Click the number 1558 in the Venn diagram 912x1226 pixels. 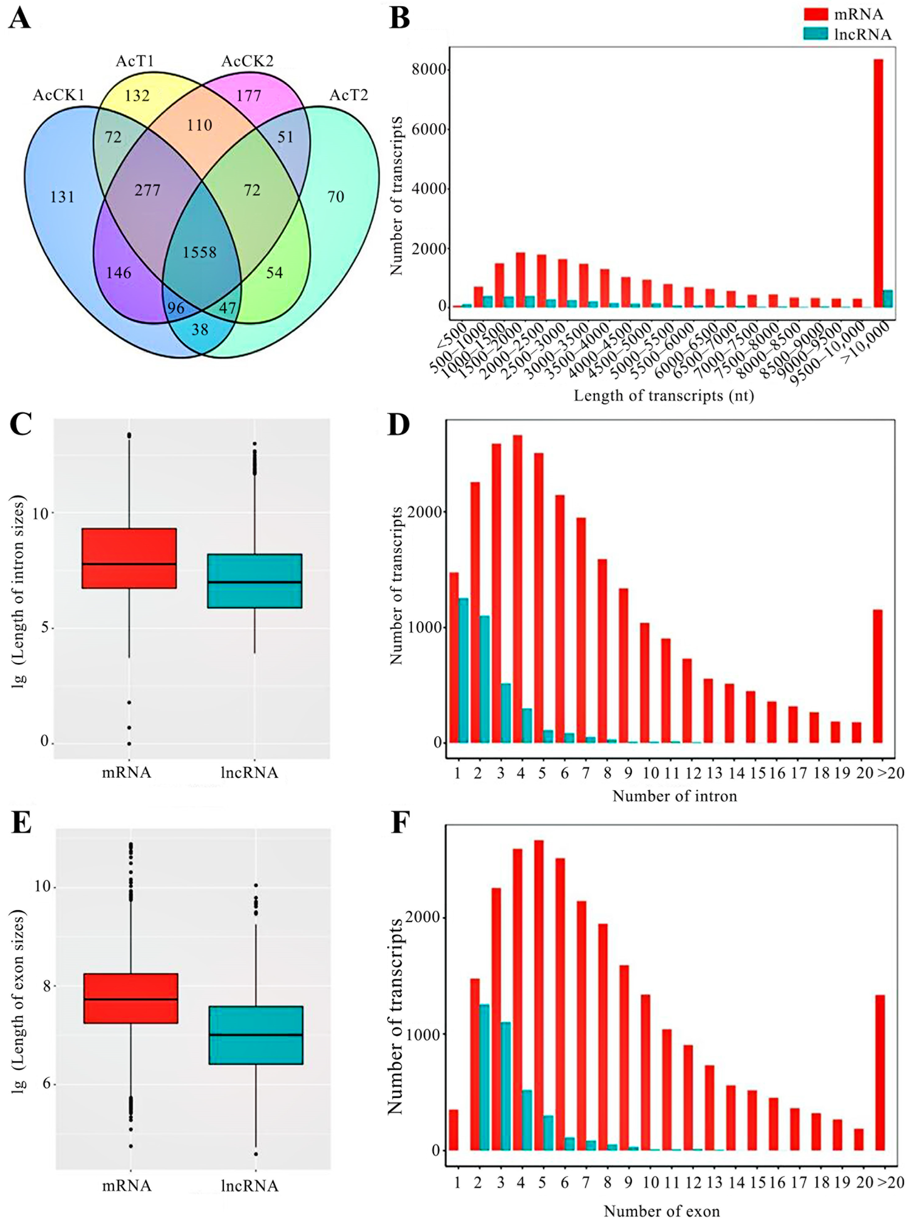[x=199, y=252]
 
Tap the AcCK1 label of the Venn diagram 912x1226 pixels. [x=58, y=95]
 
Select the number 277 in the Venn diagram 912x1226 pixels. [x=148, y=190]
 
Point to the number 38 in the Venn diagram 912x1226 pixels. [x=199, y=329]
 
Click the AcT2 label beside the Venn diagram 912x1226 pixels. [x=348, y=95]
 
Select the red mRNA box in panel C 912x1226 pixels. [x=129, y=558]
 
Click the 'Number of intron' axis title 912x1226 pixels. [x=674, y=796]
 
